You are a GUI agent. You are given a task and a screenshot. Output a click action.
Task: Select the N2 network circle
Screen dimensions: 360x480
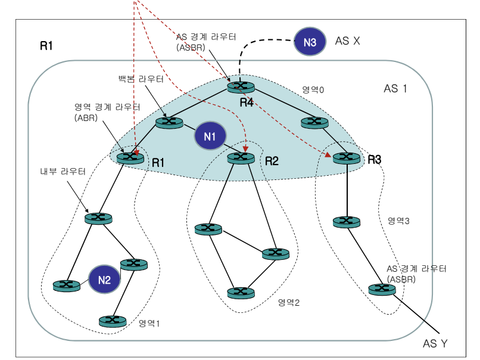point(104,280)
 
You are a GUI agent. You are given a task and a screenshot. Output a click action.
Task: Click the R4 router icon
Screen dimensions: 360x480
point(240,87)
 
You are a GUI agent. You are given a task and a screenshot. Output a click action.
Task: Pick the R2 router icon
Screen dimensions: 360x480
point(240,157)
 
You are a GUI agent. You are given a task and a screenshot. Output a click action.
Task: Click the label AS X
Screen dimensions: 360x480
point(348,41)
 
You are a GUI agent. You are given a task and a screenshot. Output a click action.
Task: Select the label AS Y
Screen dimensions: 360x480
point(435,344)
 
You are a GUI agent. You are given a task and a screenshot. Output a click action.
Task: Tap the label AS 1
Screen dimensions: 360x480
point(395,89)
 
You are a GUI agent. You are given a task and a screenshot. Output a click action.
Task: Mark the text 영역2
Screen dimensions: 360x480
point(288,302)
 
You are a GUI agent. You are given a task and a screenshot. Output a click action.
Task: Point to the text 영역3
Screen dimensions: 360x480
point(398,221)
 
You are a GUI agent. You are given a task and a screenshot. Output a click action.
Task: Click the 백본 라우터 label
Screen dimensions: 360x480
point(141,79)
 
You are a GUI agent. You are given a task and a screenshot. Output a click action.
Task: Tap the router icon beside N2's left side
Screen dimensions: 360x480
point(66,285)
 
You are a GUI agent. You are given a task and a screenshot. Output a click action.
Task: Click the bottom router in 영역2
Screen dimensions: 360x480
point(240,293)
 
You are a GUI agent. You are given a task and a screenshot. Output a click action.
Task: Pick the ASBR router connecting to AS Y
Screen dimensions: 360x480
point(381,289)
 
